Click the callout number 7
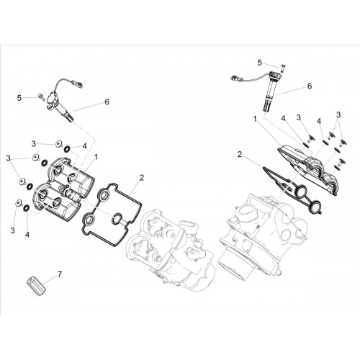60,274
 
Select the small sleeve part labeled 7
36,286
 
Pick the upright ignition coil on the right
272,92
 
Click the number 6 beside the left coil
107,102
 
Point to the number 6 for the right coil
310,86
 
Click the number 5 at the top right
259,63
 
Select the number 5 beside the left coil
19,98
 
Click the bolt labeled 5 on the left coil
41,96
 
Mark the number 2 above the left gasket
142,178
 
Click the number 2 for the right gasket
240,155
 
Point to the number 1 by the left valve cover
96,157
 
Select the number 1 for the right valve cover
255,119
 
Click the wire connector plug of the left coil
80,84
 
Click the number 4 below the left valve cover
27,235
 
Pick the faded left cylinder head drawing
171,250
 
